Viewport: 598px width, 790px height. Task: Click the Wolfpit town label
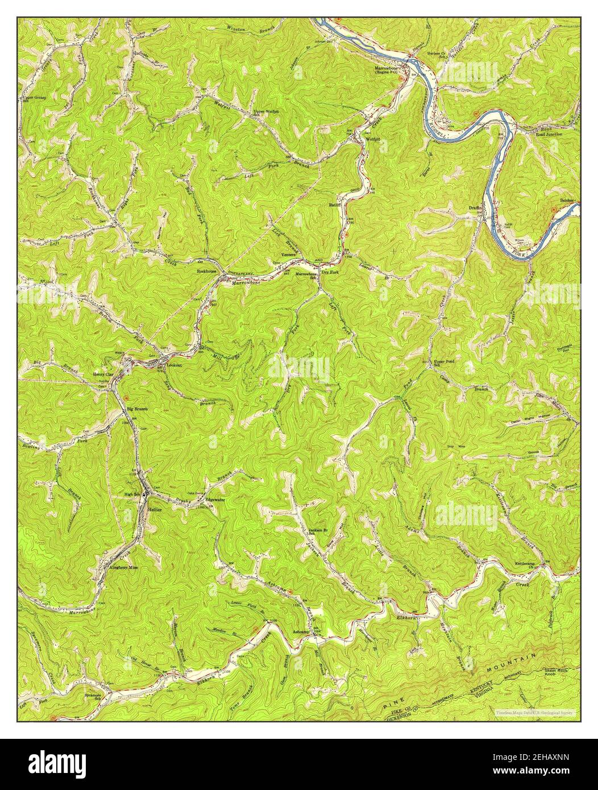point(373,139)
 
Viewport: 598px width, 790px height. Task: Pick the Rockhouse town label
point(207,272)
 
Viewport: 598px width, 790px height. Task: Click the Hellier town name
point(155,510)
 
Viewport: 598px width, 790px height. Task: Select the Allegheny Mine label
point(122,567)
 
